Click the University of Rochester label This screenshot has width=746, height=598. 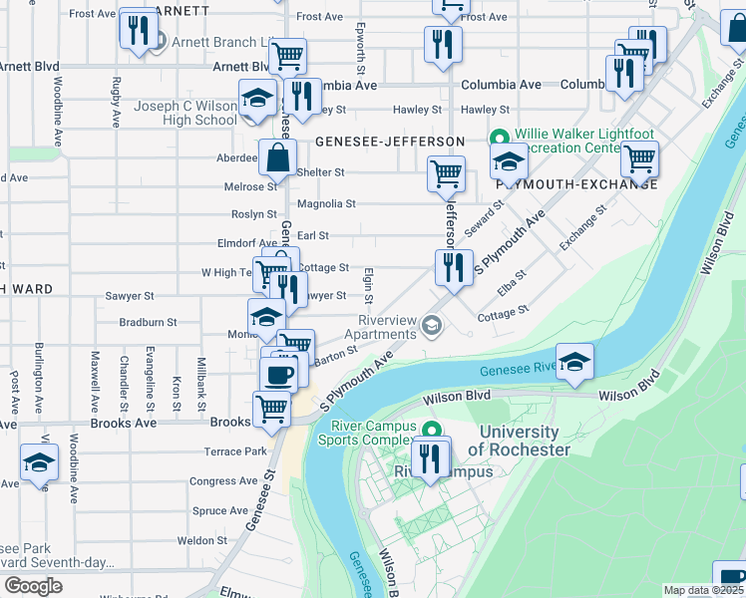click(x=520, y=441)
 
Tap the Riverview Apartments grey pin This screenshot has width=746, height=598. click(x=432, y=325)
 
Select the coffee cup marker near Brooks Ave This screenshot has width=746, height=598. click(x=278, y=375)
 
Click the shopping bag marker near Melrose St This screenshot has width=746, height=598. click(x=277, y=156)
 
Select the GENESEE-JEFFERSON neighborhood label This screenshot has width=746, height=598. click(x=390, y=143)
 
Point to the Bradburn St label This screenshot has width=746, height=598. click(x=148, y=323)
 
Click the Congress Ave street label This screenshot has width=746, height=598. click(x=223, y=481)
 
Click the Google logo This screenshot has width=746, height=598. click(x=33, y=586)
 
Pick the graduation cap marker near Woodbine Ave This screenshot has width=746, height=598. click(x=39, y=463)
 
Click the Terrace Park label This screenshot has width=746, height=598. click(x=235, y=451)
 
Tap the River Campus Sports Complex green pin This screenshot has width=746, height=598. click(x=432, y=430)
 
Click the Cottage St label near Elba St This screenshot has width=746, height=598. click(x=503, y=313)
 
